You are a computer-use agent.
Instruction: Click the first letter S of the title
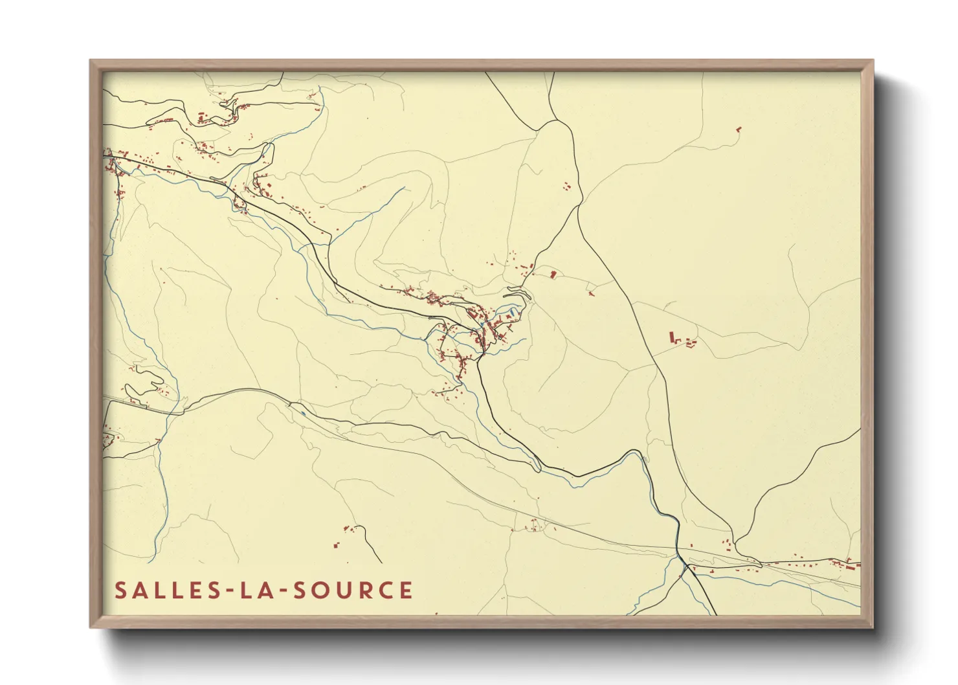click(120, 590)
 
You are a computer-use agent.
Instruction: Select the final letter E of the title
click(406, 590)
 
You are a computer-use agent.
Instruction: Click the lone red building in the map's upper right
click(739, 129)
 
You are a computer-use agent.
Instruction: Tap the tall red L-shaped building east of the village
click(673, 337)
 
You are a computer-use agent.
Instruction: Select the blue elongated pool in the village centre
click(512, 313)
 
